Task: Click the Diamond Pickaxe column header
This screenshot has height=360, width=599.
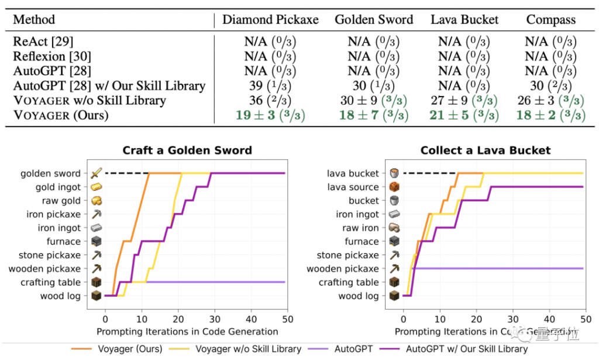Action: tap(270, 19)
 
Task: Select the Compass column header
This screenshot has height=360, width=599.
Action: tap(550, 19)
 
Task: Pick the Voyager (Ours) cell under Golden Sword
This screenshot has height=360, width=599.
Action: tap(374, 115)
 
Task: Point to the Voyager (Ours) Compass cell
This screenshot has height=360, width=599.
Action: tap(550, 115)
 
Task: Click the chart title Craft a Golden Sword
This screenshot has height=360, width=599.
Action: tap(187, 150)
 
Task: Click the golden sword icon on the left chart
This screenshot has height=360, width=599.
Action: tap(96, 173)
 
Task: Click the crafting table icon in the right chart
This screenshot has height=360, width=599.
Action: tap(394, 282)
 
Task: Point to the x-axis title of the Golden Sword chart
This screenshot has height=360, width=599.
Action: tap(187, 331)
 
